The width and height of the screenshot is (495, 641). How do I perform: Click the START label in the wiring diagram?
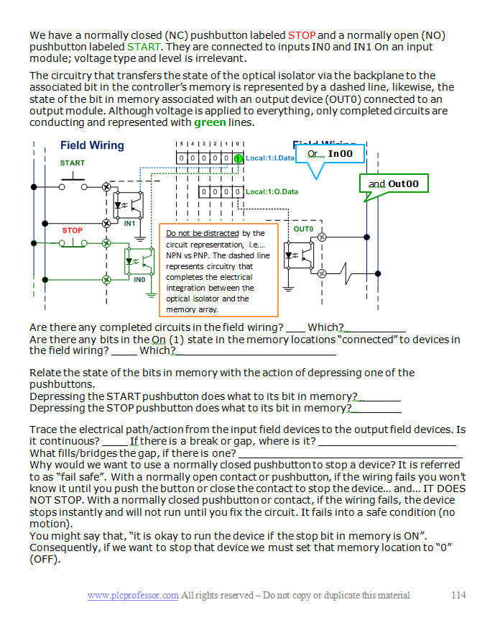coord(72,163)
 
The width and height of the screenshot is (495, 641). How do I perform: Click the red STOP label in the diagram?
coord(72,230)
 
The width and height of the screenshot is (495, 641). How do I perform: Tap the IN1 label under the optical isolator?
coord(129,224)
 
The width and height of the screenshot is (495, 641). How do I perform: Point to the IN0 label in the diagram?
coord(139,279)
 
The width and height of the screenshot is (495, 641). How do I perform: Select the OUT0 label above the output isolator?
coord(303,229)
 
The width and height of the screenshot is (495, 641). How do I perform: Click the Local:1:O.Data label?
coord(271,192)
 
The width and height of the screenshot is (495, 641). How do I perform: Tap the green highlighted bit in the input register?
coord(239,158)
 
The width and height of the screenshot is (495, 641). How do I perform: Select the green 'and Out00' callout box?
coord(393,184)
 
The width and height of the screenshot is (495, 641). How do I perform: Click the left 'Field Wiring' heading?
coord(92,145)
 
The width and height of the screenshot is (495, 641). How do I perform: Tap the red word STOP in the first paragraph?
coord(301,35)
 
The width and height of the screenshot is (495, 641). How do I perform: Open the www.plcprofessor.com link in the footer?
coord(133,595)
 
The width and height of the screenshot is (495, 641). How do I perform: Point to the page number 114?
coord(458,595)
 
